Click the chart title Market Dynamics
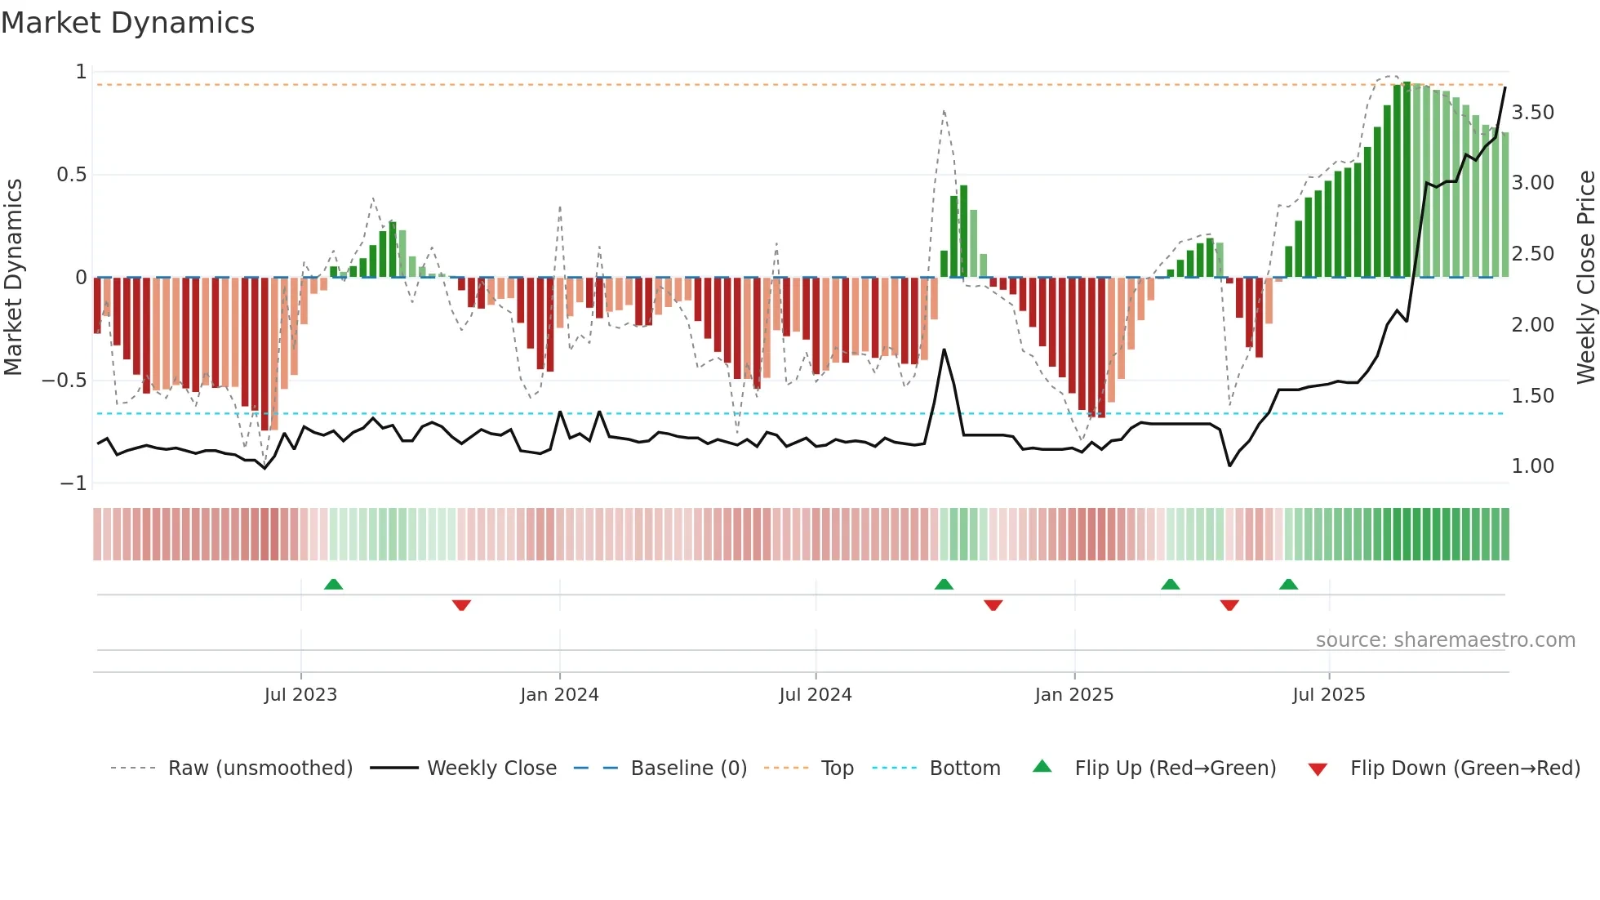[x=127, y=23]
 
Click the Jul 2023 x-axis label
[x=300, y=695]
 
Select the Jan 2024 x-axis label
[x=559, y=695]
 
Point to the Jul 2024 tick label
[x=815, y=695]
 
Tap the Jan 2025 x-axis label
[x=1073, y=695]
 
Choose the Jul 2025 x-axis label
[x=1328, y=695]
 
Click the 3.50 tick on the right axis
[x=1532, y=113]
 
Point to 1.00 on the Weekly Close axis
[x=1532, y=466]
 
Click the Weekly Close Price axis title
[x=1585, y=277]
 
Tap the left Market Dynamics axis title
[x=13, y=277]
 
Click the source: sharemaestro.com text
[x=1445, y=640]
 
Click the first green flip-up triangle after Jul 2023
[x=333, y=584]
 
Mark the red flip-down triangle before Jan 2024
[x=461, y=605]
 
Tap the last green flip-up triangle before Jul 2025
[x=1288, y=584]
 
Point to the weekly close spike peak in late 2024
[x=944, y=350]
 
